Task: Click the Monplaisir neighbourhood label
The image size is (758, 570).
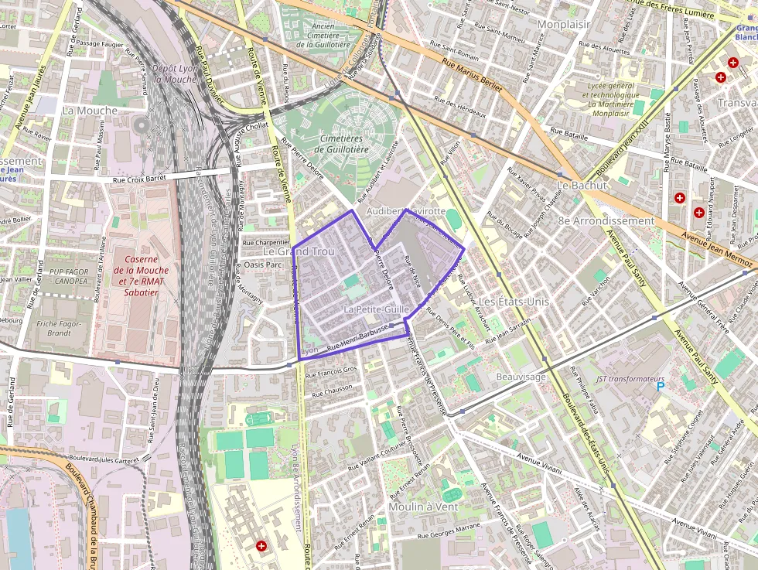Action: [x=563, y=25]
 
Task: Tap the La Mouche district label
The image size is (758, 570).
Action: [x=90, y=111]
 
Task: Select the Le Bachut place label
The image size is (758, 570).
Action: [x=579, y=186]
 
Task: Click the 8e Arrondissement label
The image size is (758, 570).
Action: [x=606, y=220]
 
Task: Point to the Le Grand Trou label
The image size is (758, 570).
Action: [x=298, y=251]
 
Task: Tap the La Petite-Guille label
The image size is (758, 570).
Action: [x=375, y=309]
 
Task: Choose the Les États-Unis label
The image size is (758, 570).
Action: [x=513, y=300]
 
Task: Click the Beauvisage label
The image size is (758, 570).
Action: [x=521, y=377]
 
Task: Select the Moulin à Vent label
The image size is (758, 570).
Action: [x=423, y=507]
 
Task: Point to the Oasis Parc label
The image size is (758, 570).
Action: [x=263, y=265]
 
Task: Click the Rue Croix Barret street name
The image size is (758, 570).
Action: [x=140, y=180]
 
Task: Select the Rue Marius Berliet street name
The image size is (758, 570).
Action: [x=472, y=76]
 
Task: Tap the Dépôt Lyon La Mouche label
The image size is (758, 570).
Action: [x=174, y=73]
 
